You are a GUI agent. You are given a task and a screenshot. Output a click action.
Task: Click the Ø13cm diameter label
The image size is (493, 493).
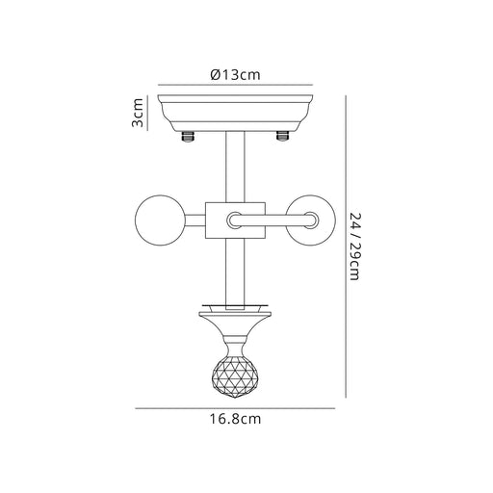click(x=235, y=75)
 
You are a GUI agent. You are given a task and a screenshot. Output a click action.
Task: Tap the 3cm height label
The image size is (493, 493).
click(x=138, y=113)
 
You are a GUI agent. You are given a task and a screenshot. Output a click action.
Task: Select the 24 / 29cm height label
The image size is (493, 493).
click(x=354, y=246)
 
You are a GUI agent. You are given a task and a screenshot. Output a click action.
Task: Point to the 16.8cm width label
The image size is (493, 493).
click(x=235, y=419)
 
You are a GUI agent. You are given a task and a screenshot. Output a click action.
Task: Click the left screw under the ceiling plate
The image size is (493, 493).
click(x=188, y=136)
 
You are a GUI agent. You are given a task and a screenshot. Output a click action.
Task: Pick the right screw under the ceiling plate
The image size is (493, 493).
click(x=282, y=136)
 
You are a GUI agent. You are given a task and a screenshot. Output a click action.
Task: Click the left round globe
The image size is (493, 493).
click(x=161, y=221)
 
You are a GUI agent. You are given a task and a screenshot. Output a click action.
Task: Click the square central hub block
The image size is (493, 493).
click(x=215, y=221)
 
